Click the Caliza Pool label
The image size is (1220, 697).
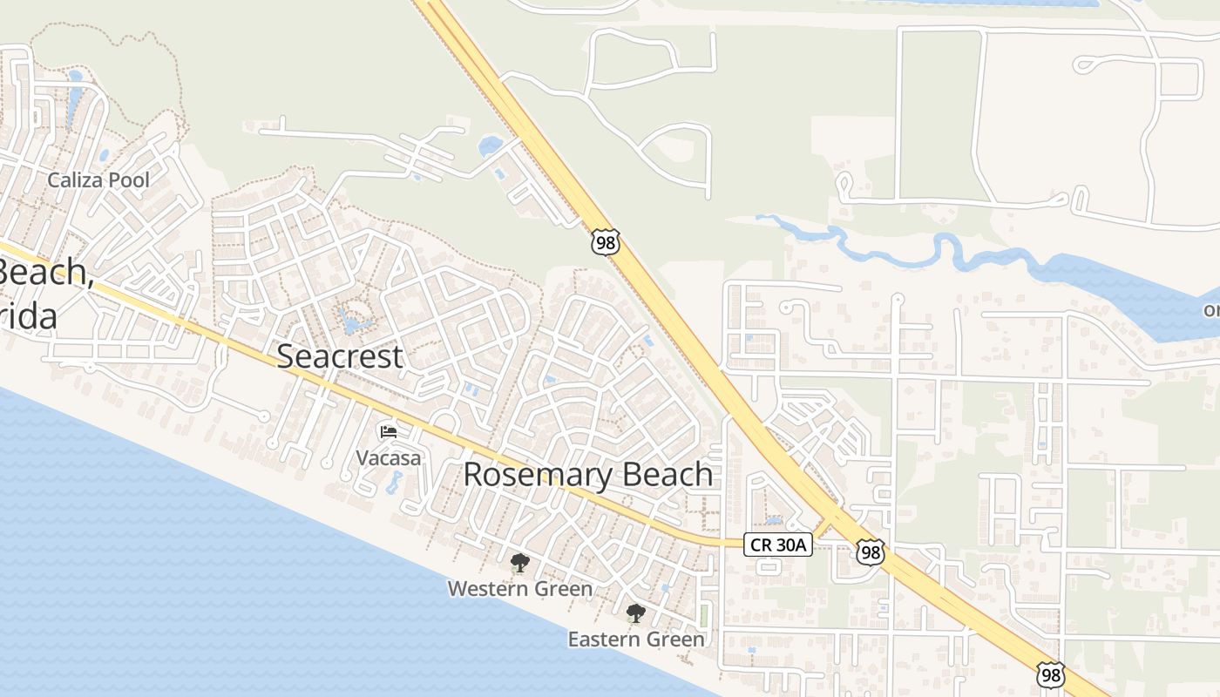coord(98,180)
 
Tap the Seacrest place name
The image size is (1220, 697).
coord(340,355)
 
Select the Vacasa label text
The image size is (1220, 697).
coord(389,457)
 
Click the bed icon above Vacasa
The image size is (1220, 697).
coord(389,432)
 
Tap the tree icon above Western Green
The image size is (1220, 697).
coord(520,563)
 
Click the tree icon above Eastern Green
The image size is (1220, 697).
coord(636,613)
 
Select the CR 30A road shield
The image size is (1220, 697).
coord(778,545)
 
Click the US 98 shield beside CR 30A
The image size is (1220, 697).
coord(870,552)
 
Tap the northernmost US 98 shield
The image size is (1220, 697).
coord(605,242)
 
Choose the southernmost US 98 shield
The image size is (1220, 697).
coord(1051,674)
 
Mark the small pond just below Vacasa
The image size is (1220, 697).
coord(395,481)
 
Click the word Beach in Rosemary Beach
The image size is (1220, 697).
coord(662,474)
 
